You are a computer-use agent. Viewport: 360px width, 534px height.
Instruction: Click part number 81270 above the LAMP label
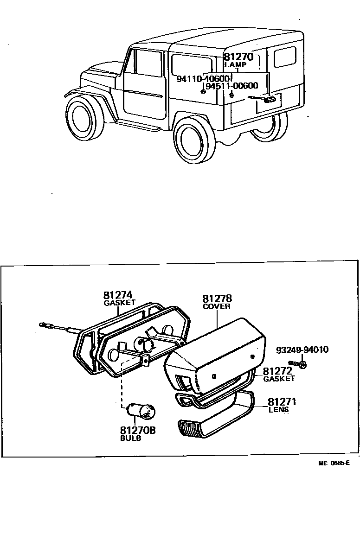pos(238,57)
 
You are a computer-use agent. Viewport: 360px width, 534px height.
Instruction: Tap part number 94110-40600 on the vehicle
pos(203,78)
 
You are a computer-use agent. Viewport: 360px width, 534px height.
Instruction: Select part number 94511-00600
pos(231,86)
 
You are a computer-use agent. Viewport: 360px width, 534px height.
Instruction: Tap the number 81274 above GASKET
pos(118,295)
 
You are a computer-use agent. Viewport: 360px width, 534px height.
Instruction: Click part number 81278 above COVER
pos(217,299)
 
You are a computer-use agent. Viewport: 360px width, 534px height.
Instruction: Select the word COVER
pos(217,306)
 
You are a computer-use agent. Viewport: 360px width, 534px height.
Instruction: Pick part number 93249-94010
pos(302,350)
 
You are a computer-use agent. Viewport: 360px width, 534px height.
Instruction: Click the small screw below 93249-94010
pos(297,364)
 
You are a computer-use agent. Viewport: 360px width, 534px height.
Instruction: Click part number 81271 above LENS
pos(282,402)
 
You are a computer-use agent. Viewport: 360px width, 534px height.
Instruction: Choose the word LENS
pos(278,409)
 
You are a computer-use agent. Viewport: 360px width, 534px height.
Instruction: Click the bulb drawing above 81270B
pos(142,410)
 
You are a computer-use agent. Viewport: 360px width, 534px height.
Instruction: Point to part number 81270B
pos(138,431)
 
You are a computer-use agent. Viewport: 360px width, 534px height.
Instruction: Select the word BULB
pos(131,438)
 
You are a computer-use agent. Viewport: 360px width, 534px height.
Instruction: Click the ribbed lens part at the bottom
pos(195,428)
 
